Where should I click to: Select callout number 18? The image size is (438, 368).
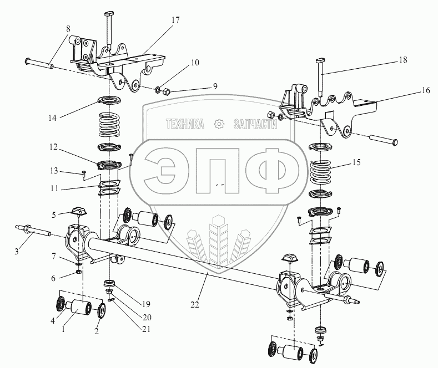point(401,60)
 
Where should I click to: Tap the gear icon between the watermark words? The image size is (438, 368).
point(219,125)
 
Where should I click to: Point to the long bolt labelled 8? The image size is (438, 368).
point(39,63)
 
